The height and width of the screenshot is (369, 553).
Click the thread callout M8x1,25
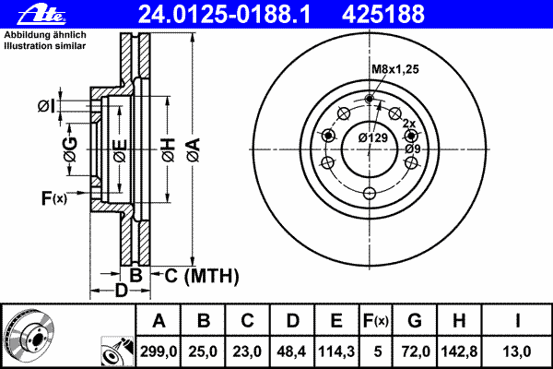(x=394, y=68)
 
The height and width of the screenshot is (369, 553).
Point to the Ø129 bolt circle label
(x=371, y=137)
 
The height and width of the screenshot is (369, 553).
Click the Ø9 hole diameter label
(x=412, y=149)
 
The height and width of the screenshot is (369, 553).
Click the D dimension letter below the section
(x=120, y=292)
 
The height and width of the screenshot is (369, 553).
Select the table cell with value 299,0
(x=159, y=351)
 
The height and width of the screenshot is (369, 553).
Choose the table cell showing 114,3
(x=335, y=351)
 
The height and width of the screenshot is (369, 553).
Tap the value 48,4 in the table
(x=292, y=351)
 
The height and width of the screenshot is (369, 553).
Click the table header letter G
(x=415, y=321)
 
